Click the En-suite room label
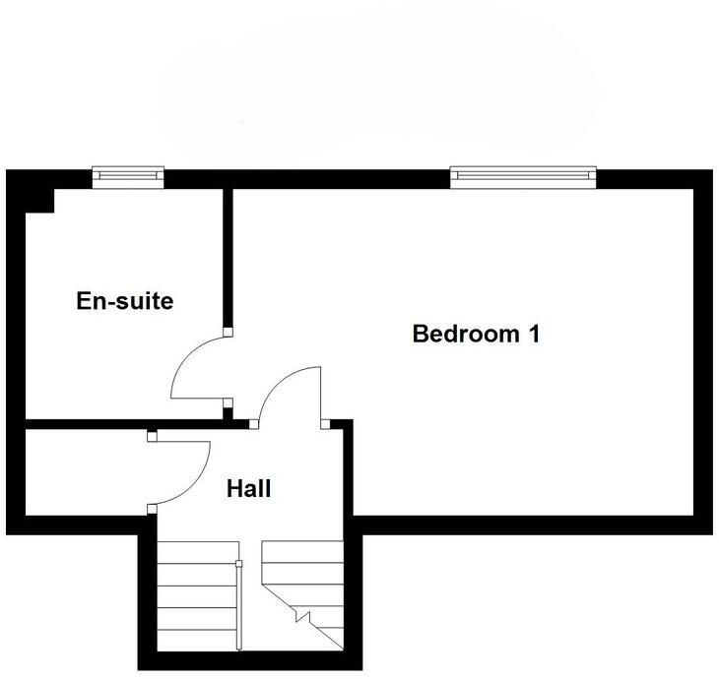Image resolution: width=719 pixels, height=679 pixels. (x=124, y=301)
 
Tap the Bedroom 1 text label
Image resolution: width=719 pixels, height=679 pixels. (x=476, y=334)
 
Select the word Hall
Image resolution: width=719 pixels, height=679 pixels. (x=248, y=488)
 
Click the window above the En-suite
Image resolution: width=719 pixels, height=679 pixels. (x=128, y=176)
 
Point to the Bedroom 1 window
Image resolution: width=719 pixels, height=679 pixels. (x=524, y=176)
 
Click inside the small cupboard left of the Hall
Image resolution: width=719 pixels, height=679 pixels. (x=84, y=472)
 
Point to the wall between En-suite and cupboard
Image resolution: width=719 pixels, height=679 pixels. (x=89, y=424)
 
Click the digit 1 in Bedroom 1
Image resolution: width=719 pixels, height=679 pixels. (x=534, y=334)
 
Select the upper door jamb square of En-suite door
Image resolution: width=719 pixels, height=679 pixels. (x=228, y=333)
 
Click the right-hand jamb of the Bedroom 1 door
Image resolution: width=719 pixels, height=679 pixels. (x=324, y=424)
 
